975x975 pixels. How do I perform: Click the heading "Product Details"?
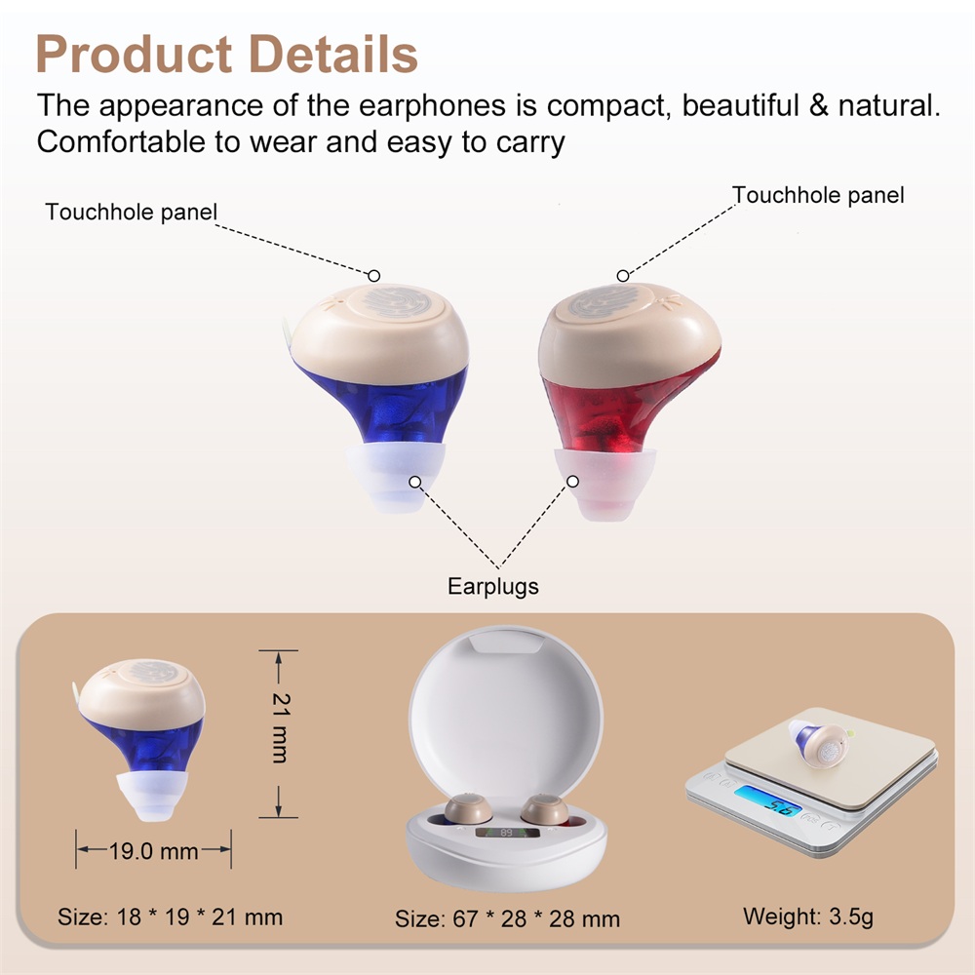(226, 54)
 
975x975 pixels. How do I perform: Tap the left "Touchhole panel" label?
(132, 212)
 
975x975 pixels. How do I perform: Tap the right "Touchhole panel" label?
(818, 195)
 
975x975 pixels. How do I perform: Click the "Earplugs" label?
(493, 586)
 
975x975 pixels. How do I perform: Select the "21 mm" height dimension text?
(281, 727)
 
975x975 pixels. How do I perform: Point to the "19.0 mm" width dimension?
(154, 850)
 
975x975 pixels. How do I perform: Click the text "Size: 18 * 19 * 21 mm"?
(170, 917)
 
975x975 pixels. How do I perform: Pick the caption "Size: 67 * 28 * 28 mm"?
(507, 919)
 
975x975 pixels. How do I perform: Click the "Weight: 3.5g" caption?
(808, 916)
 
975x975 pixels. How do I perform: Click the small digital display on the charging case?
(506, 832)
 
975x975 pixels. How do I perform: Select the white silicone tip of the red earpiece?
(604, 484)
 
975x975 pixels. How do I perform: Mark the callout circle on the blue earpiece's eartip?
(414, 482)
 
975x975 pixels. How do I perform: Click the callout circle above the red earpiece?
(622, 276)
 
